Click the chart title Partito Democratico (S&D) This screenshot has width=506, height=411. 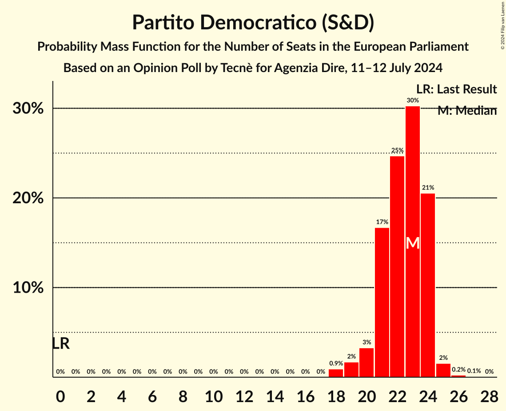[x=253, y=22]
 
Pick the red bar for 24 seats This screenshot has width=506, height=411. [x=428, y=285]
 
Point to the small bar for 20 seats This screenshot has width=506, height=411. [x=367, y=362]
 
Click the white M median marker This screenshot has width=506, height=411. [x=413, y=243]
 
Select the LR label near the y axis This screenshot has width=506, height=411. [x=61, y=343]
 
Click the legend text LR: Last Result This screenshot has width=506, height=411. [x=456, y=89]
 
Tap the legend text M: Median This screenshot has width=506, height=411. [x=467, y=111]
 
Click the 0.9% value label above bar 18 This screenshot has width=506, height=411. [x=336, y=363]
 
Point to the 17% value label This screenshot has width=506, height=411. [x=382, y=222]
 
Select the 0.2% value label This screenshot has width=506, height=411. [x=458, y=370]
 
